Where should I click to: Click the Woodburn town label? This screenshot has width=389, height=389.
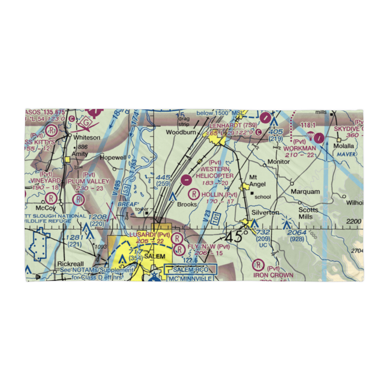tap(180, 132)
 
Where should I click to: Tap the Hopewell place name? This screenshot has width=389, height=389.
tap(113, 158)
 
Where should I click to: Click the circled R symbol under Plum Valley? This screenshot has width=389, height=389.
tap(79, 200)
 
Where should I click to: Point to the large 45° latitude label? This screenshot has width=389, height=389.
tap(236, 236)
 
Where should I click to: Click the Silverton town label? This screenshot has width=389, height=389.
tap(265, 212)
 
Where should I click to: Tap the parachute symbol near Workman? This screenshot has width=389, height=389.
tap(310, 136)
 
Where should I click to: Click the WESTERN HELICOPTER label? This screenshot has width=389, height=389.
tap(215, 172)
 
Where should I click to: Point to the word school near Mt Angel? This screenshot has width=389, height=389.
tap(262, 197)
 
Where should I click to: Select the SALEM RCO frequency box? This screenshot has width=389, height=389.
tap(189, 269)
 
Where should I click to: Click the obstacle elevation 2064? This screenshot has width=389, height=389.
tap(297, 233)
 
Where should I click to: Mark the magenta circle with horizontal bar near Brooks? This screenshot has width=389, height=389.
tap(187, 180)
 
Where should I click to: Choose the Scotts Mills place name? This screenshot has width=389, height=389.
tap(308, 213)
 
